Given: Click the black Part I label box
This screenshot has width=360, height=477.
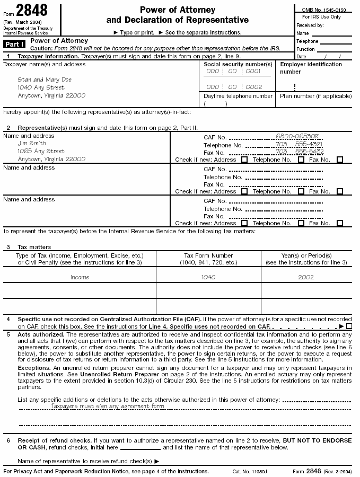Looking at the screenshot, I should pyautogui.click(x=15, y=44).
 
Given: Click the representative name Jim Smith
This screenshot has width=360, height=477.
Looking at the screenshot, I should pyautogui.click(x=32, y=143).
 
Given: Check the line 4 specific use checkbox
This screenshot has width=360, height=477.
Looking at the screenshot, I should pyautogui.click(x=349, y=326).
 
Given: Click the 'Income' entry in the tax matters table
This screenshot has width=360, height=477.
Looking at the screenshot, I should pyautogui.click(x=80, y=277).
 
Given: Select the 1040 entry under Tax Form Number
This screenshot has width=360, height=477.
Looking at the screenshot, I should pyautogui.click(x=208, y=277).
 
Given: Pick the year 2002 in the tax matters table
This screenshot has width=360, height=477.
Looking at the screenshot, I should pyautogui.click(x=305, y=277).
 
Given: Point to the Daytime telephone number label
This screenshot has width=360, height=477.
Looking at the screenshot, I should pyautogui.click(x=238, y=96).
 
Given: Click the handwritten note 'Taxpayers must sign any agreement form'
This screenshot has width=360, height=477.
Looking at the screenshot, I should pyautogui.click(x=108, y=406).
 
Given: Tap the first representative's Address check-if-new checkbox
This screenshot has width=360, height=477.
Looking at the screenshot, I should pyautogui.click(x=244, y=160).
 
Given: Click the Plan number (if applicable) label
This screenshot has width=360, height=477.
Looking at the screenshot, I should pyautogui.click(x=314, y=96).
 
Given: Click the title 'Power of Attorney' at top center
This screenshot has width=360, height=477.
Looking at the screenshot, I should pyautogui.click(x=177, y=10).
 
